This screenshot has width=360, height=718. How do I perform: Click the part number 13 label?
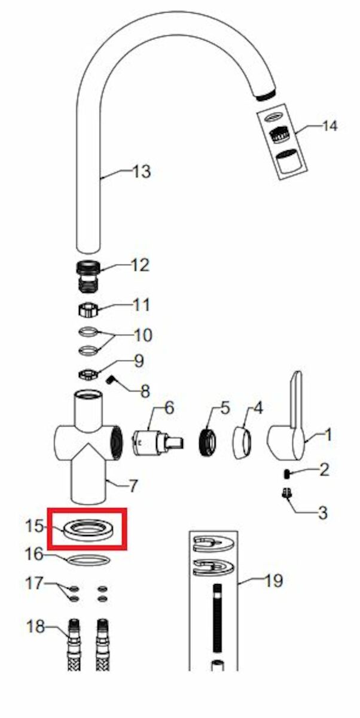142,172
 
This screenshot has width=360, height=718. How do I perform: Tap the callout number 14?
330,126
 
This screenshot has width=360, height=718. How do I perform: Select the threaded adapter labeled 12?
89,276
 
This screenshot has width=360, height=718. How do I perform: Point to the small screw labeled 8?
111,380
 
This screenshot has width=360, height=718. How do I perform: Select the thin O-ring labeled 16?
88,560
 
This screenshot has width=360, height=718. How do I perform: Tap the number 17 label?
34,583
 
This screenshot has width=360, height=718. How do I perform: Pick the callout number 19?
273,580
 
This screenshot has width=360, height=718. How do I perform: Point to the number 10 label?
143,335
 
